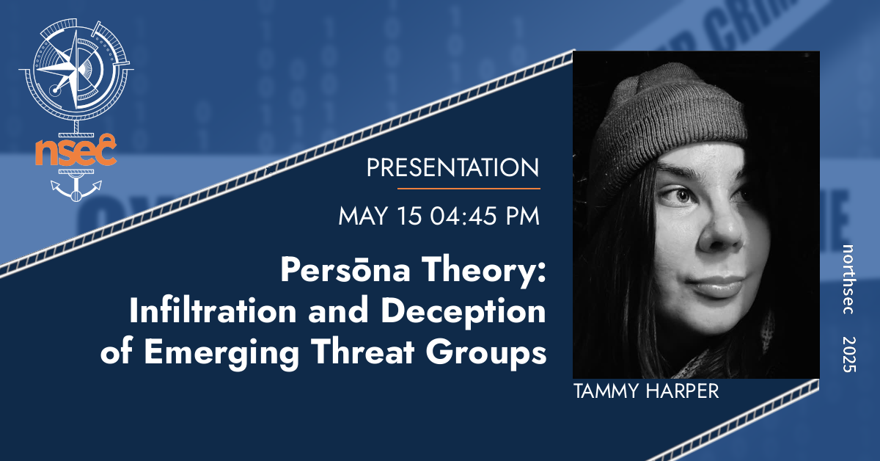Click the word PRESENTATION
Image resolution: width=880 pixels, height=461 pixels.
452,168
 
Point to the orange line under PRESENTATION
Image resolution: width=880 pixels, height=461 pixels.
469,189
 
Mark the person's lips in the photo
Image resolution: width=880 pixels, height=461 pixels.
722,285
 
